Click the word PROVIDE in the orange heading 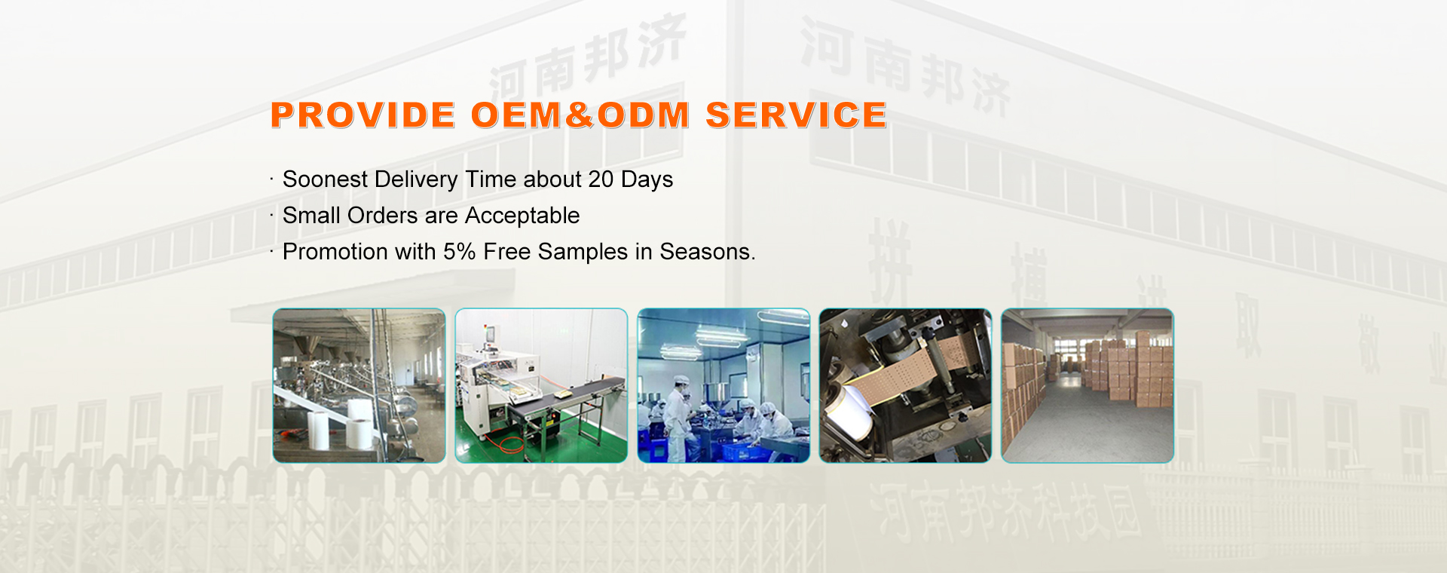tap(363, 115)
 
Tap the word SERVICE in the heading tap(796, 115)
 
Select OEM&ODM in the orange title tap(580, 115)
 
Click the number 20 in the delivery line tap(601, 179)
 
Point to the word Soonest tap(325, 179)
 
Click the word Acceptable tap(522, 216)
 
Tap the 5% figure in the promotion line tap(459, 252)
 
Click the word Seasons tap(706, 252)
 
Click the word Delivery tap(416, 179)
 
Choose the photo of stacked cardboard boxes tap(1087, 385)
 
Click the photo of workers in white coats tap(723, 385)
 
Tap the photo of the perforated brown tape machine tap(905, 385)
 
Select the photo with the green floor tap(541, 385)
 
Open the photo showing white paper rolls tap(359, 385)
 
